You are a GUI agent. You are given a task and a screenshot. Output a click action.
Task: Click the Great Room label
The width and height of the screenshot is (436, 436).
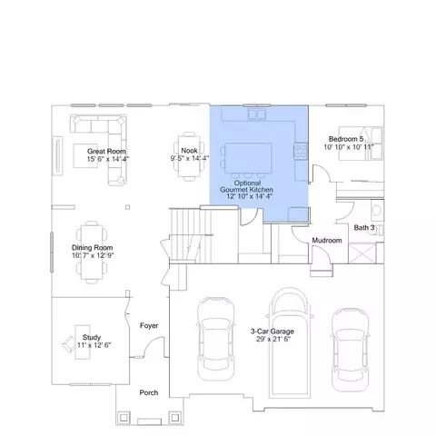[106, 151]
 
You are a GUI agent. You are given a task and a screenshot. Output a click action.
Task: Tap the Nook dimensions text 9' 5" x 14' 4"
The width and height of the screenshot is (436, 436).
[190, 158]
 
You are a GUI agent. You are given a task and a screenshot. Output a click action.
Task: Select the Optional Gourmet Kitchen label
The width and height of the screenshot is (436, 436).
[246, 186]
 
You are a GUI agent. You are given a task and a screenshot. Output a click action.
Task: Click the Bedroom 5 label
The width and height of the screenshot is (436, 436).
[346, 139]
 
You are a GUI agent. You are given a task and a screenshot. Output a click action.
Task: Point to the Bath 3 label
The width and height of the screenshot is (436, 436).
[364, 227]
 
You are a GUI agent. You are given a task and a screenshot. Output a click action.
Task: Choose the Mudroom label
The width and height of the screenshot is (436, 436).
[327, 240]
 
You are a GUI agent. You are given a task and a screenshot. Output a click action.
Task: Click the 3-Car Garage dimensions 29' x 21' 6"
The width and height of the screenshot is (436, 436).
[273, 339]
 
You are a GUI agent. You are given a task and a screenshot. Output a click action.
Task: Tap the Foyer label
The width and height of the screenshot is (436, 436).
[149, 325]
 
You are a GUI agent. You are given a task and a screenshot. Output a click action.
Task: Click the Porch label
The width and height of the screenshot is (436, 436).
[149, 392]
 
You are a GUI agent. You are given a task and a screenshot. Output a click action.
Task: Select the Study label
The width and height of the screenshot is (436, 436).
[92, 337]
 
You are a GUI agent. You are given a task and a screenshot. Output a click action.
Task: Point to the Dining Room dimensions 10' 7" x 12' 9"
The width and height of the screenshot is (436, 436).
[93, 255]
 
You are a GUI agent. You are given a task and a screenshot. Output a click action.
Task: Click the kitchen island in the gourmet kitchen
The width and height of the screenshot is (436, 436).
[248, 158]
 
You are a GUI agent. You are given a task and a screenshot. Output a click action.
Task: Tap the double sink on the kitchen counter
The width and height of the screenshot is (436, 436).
[257, 114]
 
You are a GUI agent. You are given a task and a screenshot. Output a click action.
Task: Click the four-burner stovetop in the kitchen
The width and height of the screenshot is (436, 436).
[301, 151]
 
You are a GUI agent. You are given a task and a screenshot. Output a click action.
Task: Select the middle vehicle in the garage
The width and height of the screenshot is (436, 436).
[290, 342]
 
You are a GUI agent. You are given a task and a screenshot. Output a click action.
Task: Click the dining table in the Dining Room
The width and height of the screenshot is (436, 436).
[92, 253]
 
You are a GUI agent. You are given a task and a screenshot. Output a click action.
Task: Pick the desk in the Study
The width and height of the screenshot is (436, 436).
[83, 342]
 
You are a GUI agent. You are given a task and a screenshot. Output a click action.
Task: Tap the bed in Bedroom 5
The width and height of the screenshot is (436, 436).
[361, 144]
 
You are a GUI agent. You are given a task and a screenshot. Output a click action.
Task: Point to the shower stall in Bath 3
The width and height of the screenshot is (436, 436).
[362, 253]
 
